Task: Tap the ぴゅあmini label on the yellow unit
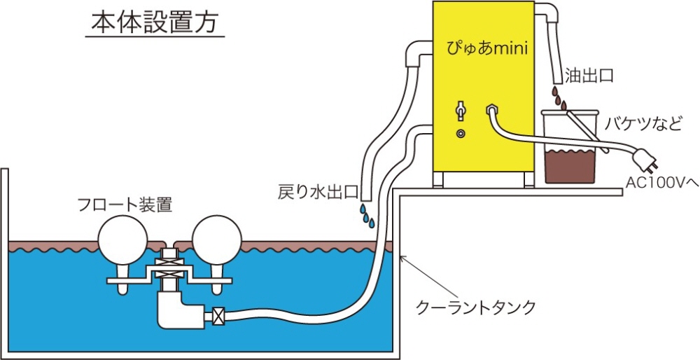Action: click(486, 48)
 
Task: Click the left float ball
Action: click(121, 238)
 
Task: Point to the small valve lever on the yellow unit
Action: click(460, 111)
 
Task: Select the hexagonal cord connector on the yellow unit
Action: click(491, 110)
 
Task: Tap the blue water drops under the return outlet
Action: click(366, 216)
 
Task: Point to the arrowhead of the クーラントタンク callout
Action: click(401, 259)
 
